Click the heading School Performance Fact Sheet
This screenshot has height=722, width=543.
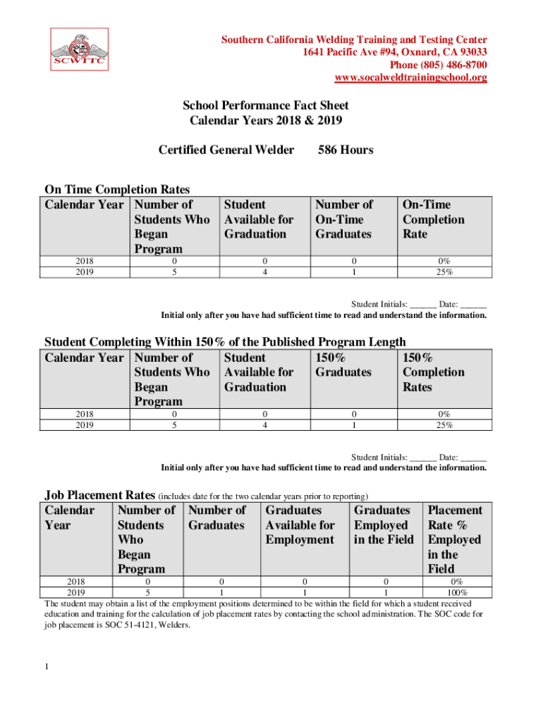(266, 106)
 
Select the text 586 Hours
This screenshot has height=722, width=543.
(346, 149)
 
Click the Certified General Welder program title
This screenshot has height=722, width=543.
(226, 149)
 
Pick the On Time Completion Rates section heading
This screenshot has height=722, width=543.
(117, 189)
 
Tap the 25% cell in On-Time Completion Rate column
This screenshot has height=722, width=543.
(444, 272)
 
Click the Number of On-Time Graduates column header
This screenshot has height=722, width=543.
(344, 219)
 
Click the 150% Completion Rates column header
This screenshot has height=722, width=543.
(433, 372)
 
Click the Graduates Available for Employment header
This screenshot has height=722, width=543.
(300, 525)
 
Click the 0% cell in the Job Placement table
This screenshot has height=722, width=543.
(456, 582)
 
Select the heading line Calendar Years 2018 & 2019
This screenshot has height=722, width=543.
(266, 121)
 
